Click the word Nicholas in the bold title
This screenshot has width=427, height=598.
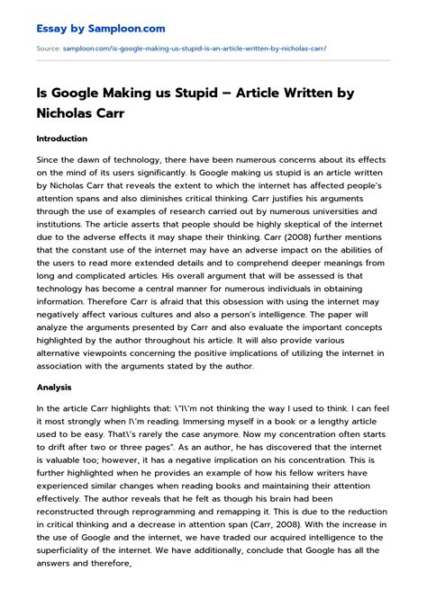pyautogui.click(x=79, y=112)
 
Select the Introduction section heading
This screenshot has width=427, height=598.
pyautogui.click(x=62, y=139)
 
